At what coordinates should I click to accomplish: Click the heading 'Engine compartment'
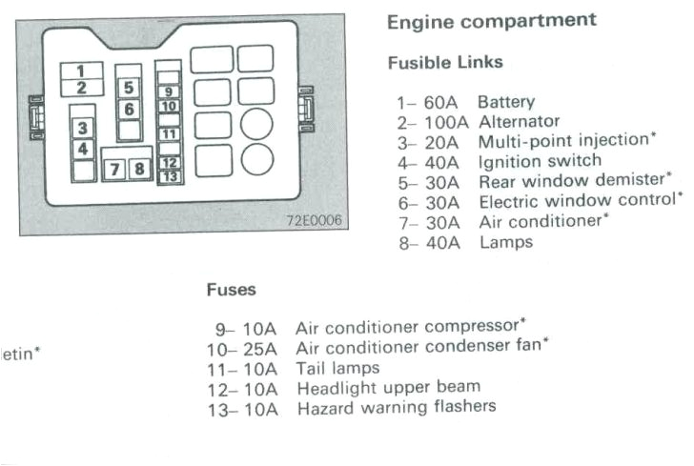[x=492, y=20]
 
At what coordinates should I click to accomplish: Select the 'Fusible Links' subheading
[x=445, y=63]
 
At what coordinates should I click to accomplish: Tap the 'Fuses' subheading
[x=231, y=288]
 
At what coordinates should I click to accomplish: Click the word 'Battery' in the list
[x=506, y=102]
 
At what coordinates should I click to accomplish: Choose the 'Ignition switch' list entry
[x=540, y=161]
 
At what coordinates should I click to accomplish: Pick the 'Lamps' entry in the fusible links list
[x=505, y=242]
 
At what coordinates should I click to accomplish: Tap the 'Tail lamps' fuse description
[x=337, y=368]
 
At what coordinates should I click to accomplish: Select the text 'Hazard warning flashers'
[x=396, y=407]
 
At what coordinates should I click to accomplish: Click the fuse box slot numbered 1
[x=81, y=71]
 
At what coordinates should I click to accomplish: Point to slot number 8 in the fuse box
[x=139, y=170]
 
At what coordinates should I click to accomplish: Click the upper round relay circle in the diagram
[x=256, y=125]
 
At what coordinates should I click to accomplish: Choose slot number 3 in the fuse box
[x=83, y=129]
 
